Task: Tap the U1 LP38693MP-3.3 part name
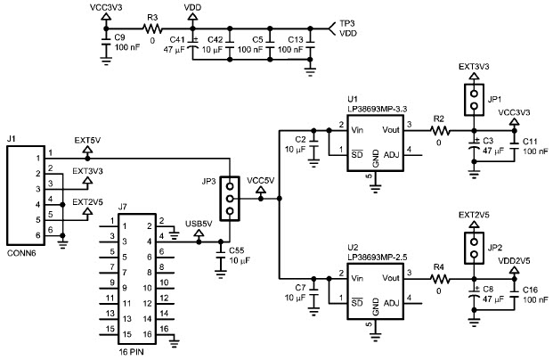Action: [377, 109]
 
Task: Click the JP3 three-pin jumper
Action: [230, 199]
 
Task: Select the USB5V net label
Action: [198, 223]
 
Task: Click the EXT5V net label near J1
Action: [86, 140]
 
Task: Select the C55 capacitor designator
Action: [237, 250]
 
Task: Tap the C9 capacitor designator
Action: [120, 37]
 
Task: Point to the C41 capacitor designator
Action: [176, 39]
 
